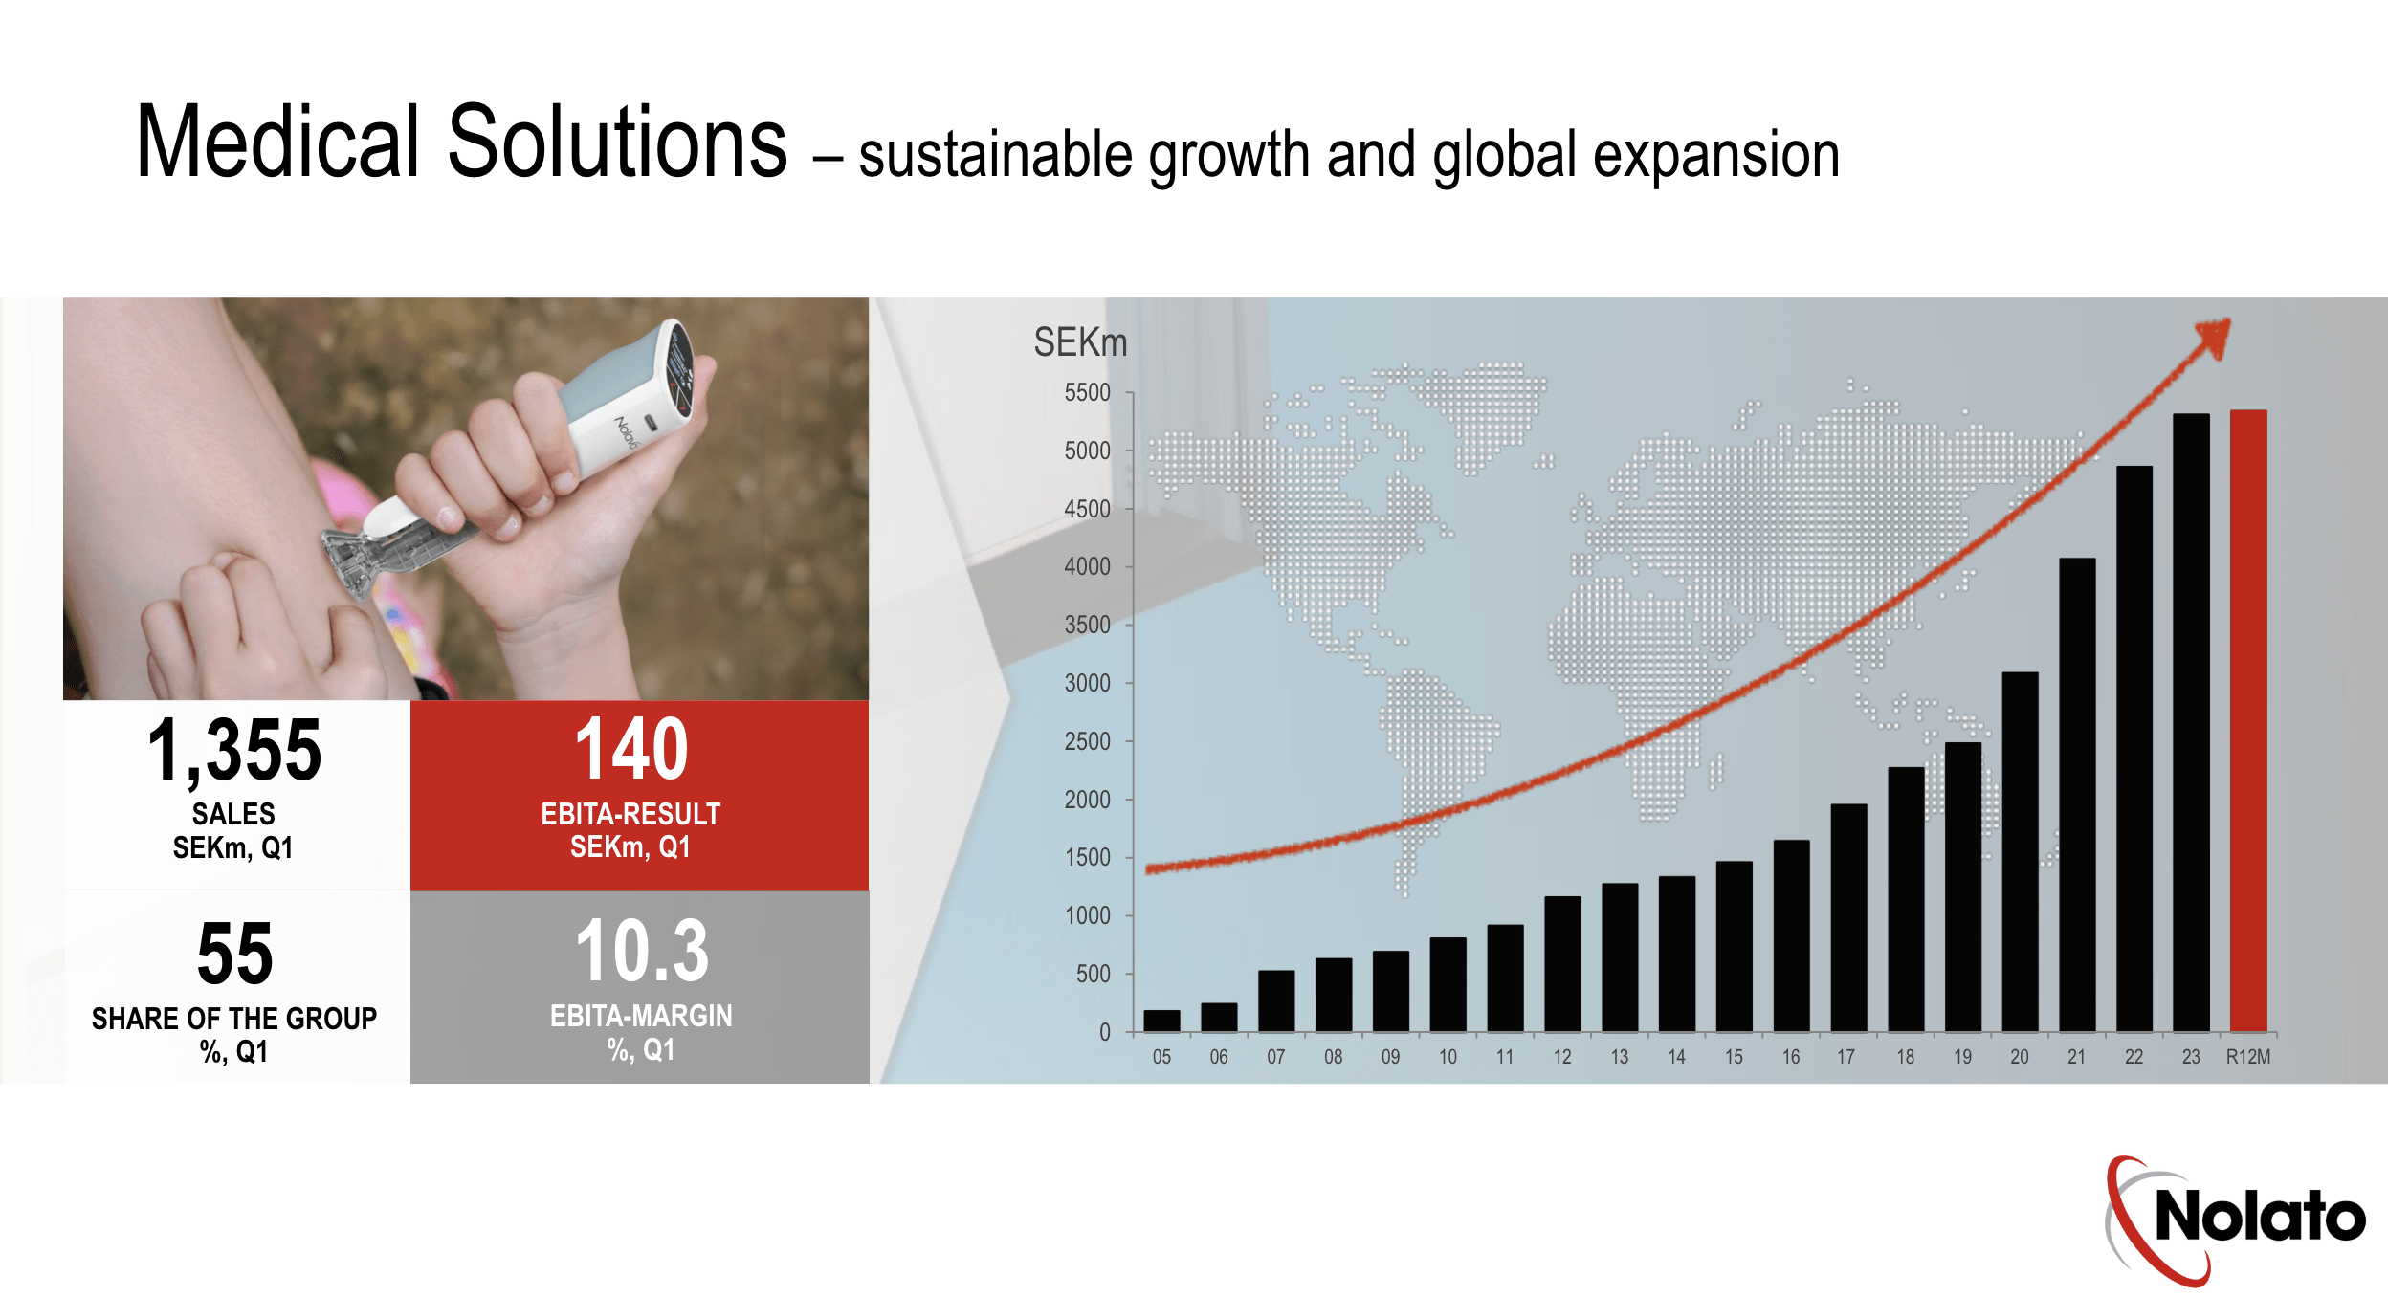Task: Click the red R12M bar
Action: pyautogui.click(x=2248, y=720)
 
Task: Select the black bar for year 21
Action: pyautogui.click(x=2077, y=795)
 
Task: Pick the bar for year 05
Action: pyautogui.click(x=1161, y=1021)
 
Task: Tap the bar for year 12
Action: pyautogui.click(x=1562, y=964)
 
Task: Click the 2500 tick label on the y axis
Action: pyautogui.click(x=1087, y=741)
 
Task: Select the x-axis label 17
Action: pyautogui.click(x=1846, y=1057)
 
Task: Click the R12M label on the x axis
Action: pyautogui.click(x=2248, y=1057)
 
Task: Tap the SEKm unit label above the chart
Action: pyautogui.click(x=1080, y=342)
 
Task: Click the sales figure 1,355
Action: pyautogui.click(x=234, y=751)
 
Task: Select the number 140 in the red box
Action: pyautogui.click(x=631, y=749)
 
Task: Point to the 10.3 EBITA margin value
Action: pyautogui.click(x=642, y=951)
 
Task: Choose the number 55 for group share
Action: pyautogui.click(x=234, y=954)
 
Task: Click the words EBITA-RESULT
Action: pyautogui.click(x=630, y=814)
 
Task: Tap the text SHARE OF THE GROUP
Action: pyautogui.click(x=234, y=1019)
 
